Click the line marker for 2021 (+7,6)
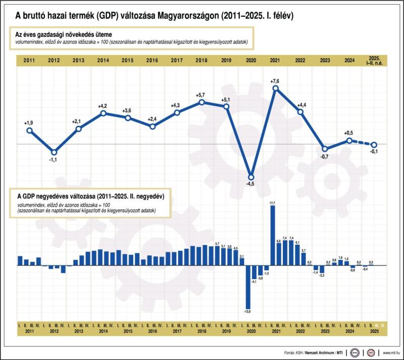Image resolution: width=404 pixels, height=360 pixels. [x=276, y=88]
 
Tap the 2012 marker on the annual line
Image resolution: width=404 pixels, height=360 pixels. [x=54, y=152]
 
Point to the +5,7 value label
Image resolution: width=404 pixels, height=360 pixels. [x=201, y=95]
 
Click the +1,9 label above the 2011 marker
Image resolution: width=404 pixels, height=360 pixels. [x=29, y=123]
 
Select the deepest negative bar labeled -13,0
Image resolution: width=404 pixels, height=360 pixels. [x=248, y=288]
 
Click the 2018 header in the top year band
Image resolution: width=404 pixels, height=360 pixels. [x=201, y=60]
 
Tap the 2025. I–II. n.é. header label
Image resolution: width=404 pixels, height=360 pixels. [x=374, y=60]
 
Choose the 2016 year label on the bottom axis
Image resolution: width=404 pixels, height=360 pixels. [x=152, y=331]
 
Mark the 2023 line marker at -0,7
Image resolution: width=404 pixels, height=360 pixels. [x=325, y=149]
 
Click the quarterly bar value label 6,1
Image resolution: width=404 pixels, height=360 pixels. [x=297, y=243]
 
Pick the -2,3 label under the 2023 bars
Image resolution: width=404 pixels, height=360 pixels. [x=322, y=275]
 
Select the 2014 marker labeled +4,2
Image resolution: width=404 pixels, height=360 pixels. [x=103, y=113]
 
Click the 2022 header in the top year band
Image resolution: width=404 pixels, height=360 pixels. [x=300, y=60]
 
